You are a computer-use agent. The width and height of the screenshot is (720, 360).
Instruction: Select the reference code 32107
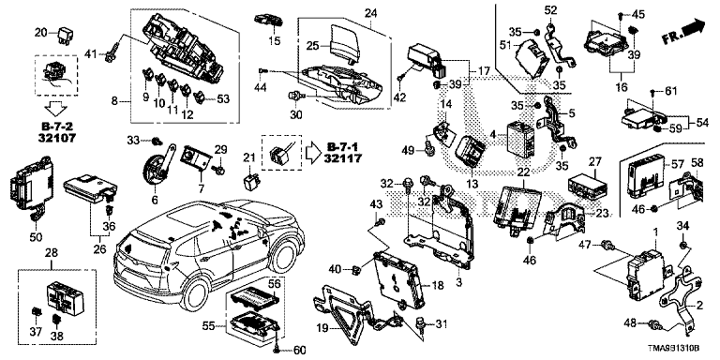point(57,136)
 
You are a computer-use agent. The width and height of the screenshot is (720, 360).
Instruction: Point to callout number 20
point(42,32)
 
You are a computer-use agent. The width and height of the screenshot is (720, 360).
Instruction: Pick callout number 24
point(371,14)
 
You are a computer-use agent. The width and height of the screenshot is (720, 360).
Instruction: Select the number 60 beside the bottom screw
point(299,351)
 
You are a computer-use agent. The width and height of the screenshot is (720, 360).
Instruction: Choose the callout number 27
point(595,161)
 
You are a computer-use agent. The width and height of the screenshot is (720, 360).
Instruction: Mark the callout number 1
point(655,234)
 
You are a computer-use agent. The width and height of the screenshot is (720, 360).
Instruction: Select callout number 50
point(36,237)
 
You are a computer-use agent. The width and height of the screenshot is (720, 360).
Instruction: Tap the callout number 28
point(52,252)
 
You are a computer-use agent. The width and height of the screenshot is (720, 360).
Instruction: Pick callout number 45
point(637,14)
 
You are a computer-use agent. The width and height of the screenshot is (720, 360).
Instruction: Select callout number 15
point(275,41)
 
